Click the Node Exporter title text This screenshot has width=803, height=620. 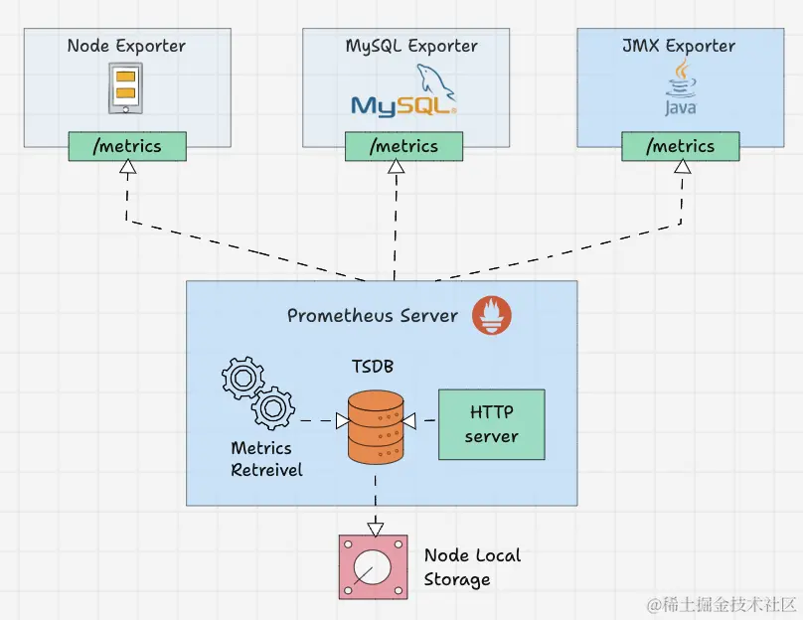point(126,46)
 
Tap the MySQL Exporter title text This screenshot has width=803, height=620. point(411,46)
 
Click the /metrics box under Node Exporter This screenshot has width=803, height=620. point(126,146)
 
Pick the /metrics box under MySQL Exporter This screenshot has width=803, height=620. point(403,146)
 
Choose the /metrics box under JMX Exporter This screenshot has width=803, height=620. point(681,146)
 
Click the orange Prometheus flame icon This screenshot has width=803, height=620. point(492,315)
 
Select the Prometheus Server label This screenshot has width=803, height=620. point(373,316)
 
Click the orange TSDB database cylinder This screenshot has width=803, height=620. point(375,426)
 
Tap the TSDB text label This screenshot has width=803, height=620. point(373,368)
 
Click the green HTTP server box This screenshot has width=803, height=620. point(491,424)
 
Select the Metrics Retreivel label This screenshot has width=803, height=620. point(266,459)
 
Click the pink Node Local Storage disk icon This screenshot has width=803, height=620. point(373,567)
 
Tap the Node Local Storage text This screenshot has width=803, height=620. point(472,567)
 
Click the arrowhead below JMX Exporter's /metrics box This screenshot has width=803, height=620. point(682,168)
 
